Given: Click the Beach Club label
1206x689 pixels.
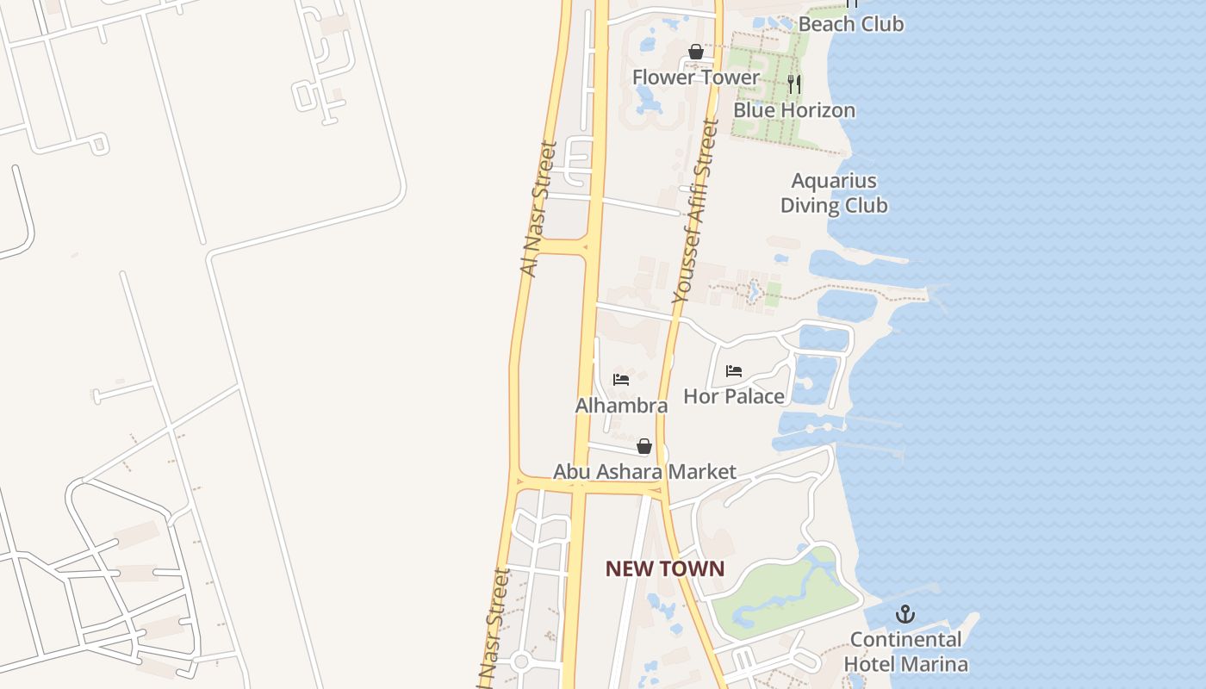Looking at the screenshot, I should [850, 24].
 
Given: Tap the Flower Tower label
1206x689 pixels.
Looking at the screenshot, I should [696, 78].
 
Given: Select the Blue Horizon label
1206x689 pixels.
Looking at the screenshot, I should [793, 110].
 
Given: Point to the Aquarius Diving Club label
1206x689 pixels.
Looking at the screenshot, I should [834, 193].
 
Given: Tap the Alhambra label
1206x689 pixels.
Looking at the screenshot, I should [621, 406].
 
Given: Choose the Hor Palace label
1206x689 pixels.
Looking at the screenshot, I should [734, 396].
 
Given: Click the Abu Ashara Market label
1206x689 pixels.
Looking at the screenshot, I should [644, 472].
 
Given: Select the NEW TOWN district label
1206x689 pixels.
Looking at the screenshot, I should [664, 568].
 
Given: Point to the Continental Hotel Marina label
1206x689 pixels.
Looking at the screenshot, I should [905, 652].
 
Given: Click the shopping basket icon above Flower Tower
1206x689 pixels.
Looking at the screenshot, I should [696, 53].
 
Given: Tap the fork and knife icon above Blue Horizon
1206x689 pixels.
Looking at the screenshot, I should [794, 84].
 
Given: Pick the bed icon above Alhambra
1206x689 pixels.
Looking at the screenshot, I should [621, 379].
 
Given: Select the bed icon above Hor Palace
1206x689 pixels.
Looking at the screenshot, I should [734, 371].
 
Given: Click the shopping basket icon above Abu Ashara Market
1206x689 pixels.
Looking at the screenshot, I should [644, 446].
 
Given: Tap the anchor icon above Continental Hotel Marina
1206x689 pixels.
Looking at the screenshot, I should [904, 615].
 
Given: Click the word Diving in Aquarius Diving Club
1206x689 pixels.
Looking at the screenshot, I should [810, 206].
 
